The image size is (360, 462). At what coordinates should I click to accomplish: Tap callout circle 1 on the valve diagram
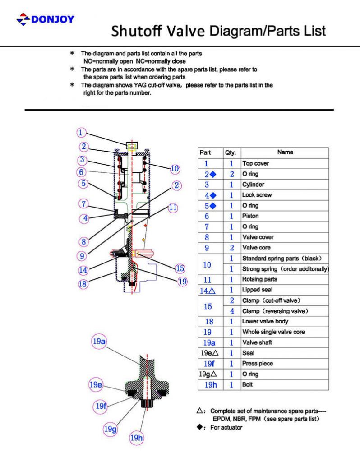coord(81,133)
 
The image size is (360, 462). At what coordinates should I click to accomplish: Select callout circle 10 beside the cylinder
coord(175,169)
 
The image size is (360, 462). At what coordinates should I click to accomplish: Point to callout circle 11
coord(173,208)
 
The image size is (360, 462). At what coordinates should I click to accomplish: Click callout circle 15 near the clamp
coord(180,268)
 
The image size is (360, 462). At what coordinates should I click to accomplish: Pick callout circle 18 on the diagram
coord(83,284)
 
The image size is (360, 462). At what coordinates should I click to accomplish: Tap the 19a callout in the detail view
coord(99,342)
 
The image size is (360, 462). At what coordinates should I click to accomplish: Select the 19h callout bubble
coord(136,438)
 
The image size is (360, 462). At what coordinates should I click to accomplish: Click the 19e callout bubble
coord(95,385)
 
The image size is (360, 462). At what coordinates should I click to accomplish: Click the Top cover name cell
coord(255,163)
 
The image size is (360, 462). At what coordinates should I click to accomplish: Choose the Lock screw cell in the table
coord(257,195)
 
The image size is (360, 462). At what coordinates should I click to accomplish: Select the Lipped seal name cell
coord(257,290)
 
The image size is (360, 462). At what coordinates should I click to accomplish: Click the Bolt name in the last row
coord(248,384)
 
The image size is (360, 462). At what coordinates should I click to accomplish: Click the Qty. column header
coord(231,152)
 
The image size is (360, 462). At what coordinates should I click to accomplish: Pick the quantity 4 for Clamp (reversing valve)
coord(232,311)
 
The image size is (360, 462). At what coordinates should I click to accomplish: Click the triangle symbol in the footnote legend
coord(199,411)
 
